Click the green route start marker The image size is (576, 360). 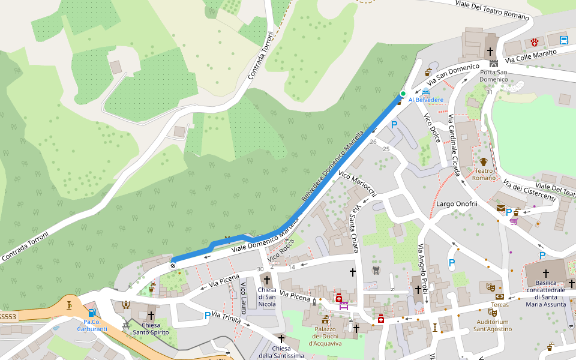403,93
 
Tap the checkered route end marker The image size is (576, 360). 174,260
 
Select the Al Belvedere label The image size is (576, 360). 426,100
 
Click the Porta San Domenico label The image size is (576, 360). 493,76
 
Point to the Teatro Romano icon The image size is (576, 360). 484,162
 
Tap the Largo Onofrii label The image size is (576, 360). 457,204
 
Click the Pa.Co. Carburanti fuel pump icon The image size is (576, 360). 91,313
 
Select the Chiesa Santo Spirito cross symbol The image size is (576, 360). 151,315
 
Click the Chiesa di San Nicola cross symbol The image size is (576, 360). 267,280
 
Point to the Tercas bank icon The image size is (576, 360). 500,296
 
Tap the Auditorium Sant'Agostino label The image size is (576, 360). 491,326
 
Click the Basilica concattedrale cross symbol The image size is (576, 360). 546,273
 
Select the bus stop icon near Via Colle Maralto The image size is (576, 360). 563,41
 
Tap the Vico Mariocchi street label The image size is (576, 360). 357,184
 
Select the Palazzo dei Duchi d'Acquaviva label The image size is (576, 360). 324,336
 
